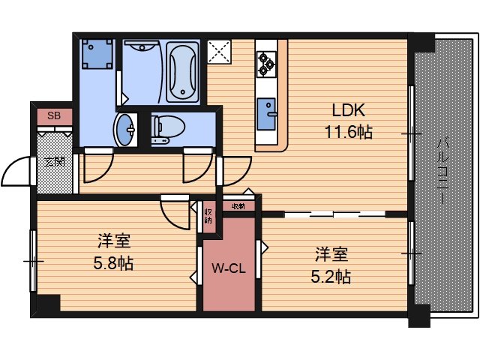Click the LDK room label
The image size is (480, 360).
348,110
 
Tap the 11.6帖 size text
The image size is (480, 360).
347,133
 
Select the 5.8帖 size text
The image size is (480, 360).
114,263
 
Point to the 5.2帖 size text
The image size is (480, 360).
331,275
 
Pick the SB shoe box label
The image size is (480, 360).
54,115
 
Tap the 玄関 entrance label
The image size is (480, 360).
54,161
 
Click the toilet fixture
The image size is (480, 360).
164,128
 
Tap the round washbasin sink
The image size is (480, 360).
125,129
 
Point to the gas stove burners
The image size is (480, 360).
266,63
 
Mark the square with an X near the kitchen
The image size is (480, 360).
222,52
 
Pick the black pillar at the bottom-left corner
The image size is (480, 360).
48,306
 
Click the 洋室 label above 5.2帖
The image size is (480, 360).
331,254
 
